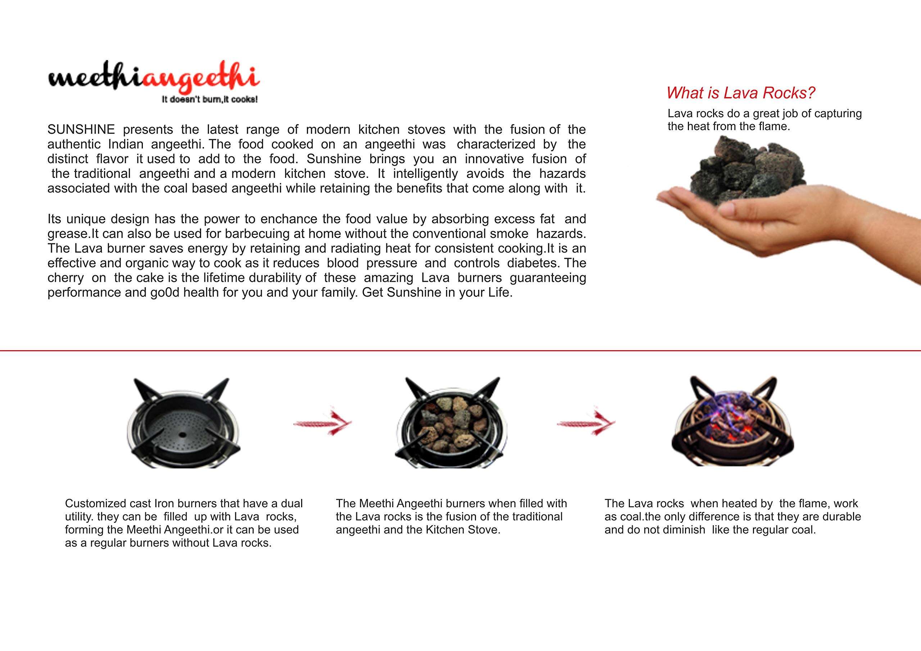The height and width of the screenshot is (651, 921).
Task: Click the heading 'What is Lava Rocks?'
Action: pyautogui.click(x=740, y=93)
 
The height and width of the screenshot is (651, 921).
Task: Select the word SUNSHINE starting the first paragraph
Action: pyautogui.click(x=81, y=129)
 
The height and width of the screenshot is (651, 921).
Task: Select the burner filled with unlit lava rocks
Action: pyautogui.click(x=451, y=425)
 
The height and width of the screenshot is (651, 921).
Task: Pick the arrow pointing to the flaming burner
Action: pyautogui.click(x=586, y=422)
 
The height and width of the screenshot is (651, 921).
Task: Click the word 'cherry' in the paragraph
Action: pyautogui.click(x=65, y=278)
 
